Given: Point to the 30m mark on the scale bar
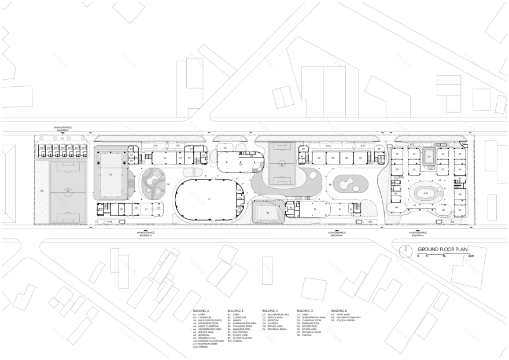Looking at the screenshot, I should (x=471, y=255).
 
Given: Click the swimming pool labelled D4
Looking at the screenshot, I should (x=110, y=173).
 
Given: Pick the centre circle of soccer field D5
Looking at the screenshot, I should (x=68, y=190).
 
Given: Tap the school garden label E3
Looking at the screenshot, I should (x=42, y=190).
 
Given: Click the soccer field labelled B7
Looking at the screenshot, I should (x=282, y=164).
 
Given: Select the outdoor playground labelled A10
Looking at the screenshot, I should (x=426, y=193).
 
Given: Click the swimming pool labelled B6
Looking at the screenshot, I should (x=268, y=212).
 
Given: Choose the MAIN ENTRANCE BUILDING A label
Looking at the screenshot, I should (x=417, y=234).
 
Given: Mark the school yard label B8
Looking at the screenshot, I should (x=330, y=184).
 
